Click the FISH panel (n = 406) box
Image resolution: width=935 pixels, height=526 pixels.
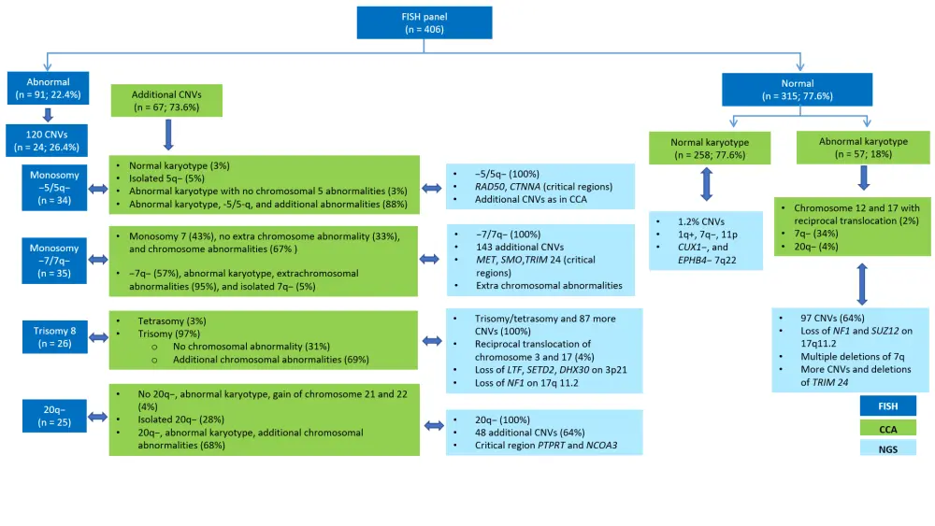[x=411, y=22]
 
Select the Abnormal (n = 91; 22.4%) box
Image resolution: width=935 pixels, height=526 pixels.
[x=48, y=88]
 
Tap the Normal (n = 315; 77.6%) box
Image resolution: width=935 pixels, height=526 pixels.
[x=798, y=89]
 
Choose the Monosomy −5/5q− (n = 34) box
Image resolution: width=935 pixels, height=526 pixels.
[x=52, y=188]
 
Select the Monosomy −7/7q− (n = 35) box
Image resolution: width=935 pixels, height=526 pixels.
[x=52, y=259]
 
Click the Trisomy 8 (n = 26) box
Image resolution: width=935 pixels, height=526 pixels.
[x=54, y=336]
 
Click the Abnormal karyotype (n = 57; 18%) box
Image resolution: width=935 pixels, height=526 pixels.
[x=862, y=148]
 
